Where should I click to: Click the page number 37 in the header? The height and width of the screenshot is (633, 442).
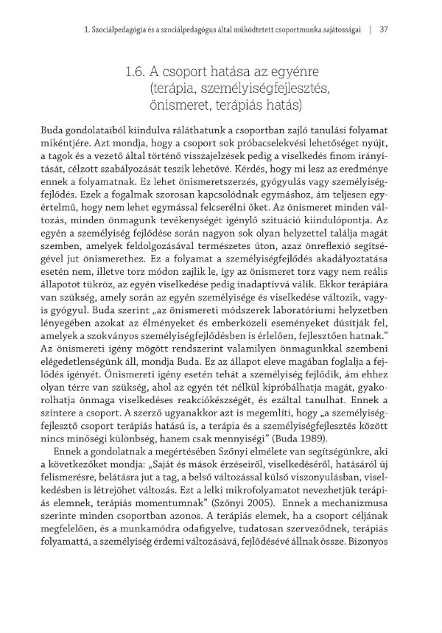click(383, 30)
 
